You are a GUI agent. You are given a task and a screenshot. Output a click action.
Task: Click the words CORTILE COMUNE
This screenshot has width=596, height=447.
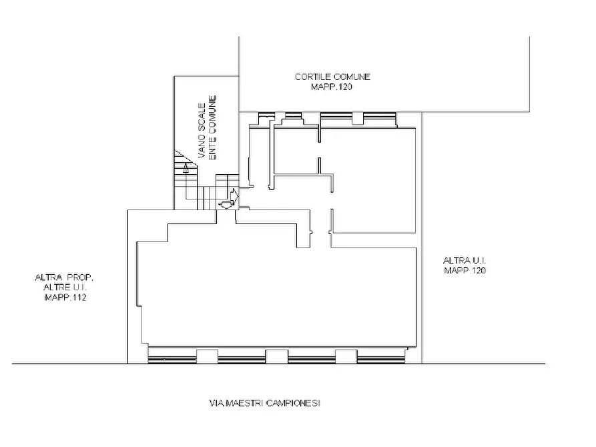(x=332, y=77)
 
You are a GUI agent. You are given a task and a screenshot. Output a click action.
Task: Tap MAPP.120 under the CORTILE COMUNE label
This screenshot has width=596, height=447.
(x=332, y=87)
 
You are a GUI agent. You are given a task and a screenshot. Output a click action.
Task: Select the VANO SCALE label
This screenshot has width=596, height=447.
(x=202, y=131)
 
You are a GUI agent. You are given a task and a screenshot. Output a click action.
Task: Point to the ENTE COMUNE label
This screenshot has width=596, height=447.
(x=212, y=127)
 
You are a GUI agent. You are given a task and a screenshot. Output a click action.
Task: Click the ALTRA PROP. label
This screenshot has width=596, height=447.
(x=64, y=278)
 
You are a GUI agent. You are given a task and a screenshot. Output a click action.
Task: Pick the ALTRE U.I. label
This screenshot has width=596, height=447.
(x=65, y=288)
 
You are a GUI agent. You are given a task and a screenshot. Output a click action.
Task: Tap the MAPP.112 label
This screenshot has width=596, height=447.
(x=65, y=298)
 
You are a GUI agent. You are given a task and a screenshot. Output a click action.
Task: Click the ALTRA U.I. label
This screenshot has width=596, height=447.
(x=465, y=260)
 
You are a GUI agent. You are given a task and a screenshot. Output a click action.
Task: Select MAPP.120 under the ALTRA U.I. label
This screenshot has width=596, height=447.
(x=465, y=270)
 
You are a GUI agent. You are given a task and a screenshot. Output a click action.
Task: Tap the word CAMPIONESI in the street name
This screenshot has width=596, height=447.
(x=293, y=403)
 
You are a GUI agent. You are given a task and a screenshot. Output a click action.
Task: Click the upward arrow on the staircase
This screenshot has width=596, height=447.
(x=186, y=168)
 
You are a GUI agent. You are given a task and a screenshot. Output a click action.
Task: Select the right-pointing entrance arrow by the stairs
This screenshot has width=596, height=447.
(x=234, y=195)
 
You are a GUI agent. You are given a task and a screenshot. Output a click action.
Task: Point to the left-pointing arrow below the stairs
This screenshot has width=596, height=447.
(x=226, y=205)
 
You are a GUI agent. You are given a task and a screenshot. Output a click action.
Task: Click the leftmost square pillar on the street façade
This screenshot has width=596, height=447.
(x=207, y=356)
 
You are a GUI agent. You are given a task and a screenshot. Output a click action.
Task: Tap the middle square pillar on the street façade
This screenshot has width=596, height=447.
(x=277, y=356)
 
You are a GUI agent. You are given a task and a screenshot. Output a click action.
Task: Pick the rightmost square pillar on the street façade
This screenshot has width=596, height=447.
(x=346, y=356)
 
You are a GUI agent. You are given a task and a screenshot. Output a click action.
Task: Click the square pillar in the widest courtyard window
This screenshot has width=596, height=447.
(x=357, y=118)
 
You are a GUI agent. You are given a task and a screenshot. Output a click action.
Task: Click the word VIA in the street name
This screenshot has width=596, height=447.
(x=217, y=403)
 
